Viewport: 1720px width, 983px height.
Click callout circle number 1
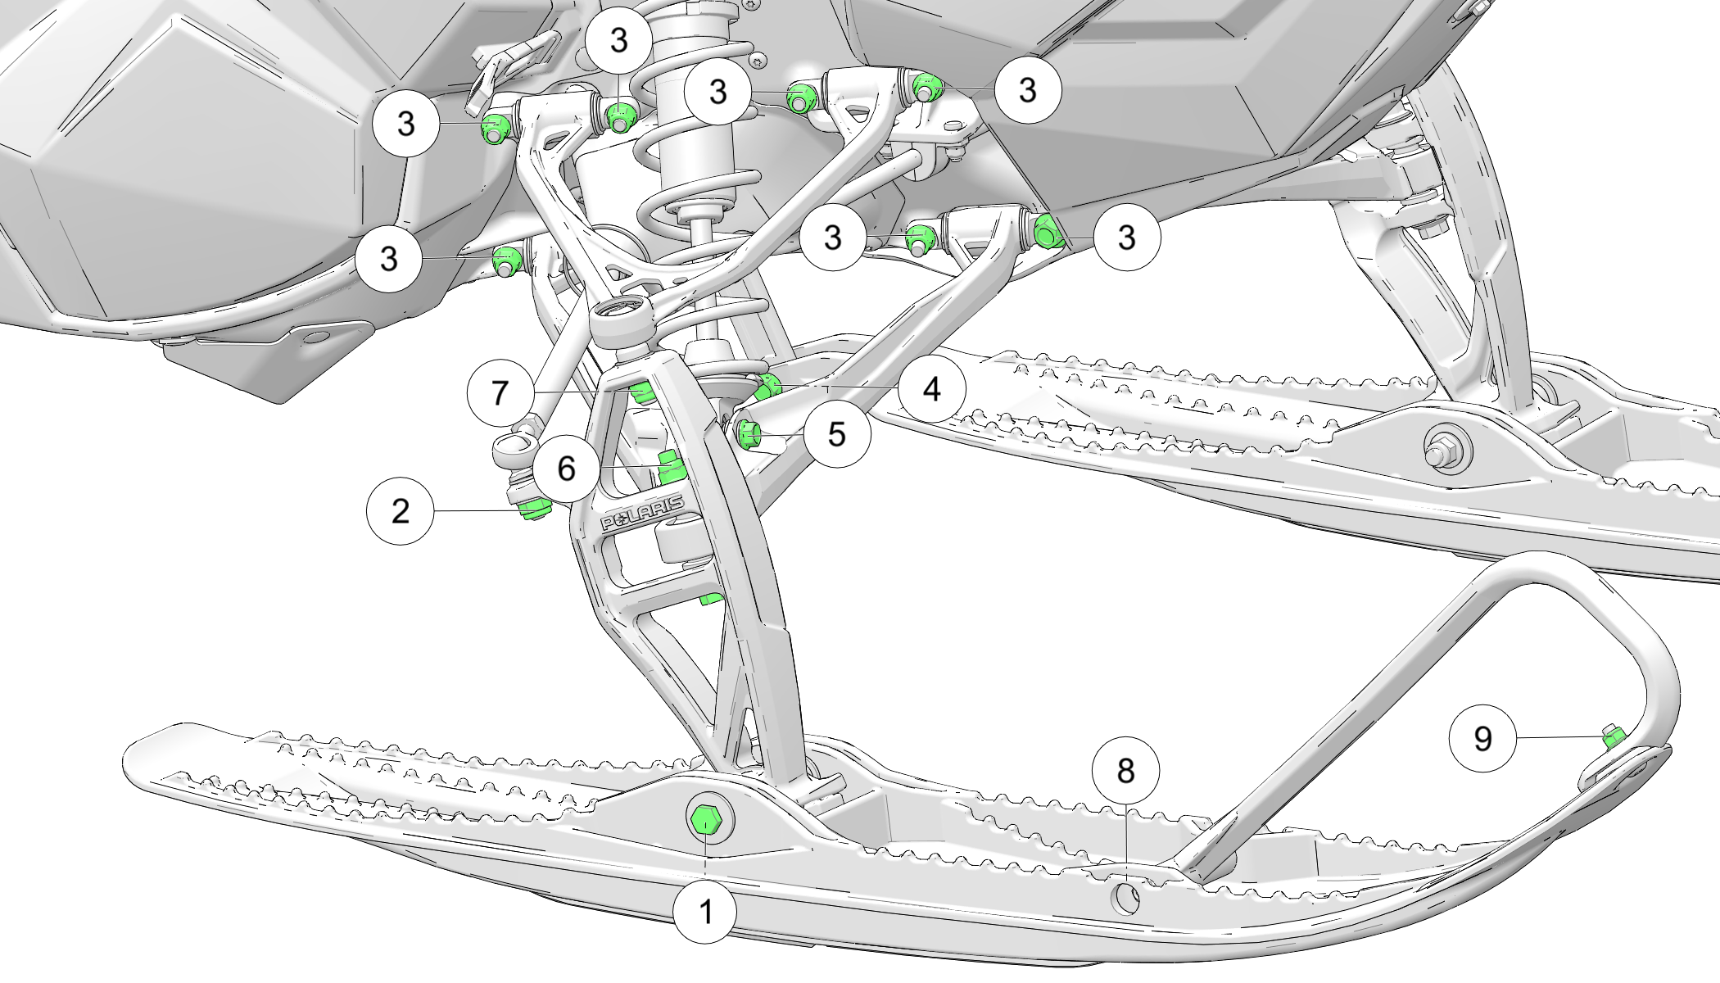[705, 911]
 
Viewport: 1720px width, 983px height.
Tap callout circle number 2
[400, 511]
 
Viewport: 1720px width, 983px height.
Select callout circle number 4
[931, 389]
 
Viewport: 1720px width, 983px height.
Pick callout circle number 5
[835, 434]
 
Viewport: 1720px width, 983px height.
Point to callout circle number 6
[566, 469]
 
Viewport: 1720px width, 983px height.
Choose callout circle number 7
[500, 393]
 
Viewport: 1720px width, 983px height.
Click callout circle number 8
[1125, 771]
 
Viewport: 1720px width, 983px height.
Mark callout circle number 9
[1482, 739]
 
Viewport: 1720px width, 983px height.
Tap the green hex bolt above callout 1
[705, 821]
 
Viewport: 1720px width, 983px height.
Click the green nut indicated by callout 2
[534, 509]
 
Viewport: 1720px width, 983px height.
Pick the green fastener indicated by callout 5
[749, 433]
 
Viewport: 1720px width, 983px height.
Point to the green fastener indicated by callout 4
[769, 383]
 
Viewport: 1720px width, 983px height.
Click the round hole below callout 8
[1125, 899]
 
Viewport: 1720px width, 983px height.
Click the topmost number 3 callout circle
[618, 40]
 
